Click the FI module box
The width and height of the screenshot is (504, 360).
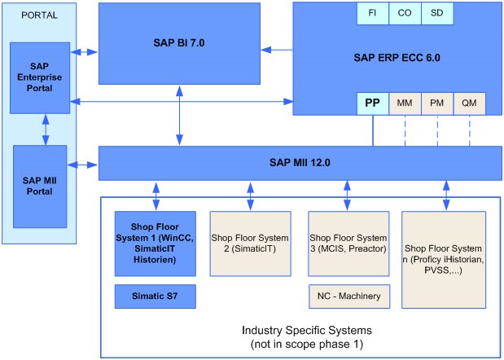pos(373,13)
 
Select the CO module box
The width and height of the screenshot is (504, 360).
pos(405,13)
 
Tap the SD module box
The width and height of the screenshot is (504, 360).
pos(437,13)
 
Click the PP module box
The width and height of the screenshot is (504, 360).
pos(373,103)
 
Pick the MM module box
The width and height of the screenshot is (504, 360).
pos(405,103)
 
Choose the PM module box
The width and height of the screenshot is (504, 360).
pos(437,103)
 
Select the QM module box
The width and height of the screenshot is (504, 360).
pos(469,103)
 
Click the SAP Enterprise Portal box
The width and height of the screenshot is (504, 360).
pos(40,78)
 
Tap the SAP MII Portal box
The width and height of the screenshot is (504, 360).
pos(40,187)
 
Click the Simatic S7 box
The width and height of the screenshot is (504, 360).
pos(156,296)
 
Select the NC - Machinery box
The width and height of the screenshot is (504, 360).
pos(349,296)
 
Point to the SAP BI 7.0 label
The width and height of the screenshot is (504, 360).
pos(179,43)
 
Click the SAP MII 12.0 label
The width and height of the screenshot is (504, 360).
pos(300,163)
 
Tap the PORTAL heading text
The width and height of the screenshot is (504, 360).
pos(40,15)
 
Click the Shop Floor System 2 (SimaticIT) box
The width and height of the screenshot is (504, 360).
pos(251,244)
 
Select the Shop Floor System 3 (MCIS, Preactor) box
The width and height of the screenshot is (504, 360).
pos(348,244)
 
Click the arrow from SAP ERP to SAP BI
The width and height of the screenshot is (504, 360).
pos(277,50)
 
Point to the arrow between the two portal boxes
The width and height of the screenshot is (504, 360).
pos(46,130)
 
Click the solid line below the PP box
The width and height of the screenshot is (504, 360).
pos(373,130)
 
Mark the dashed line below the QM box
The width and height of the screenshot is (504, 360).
pos(470,130)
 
